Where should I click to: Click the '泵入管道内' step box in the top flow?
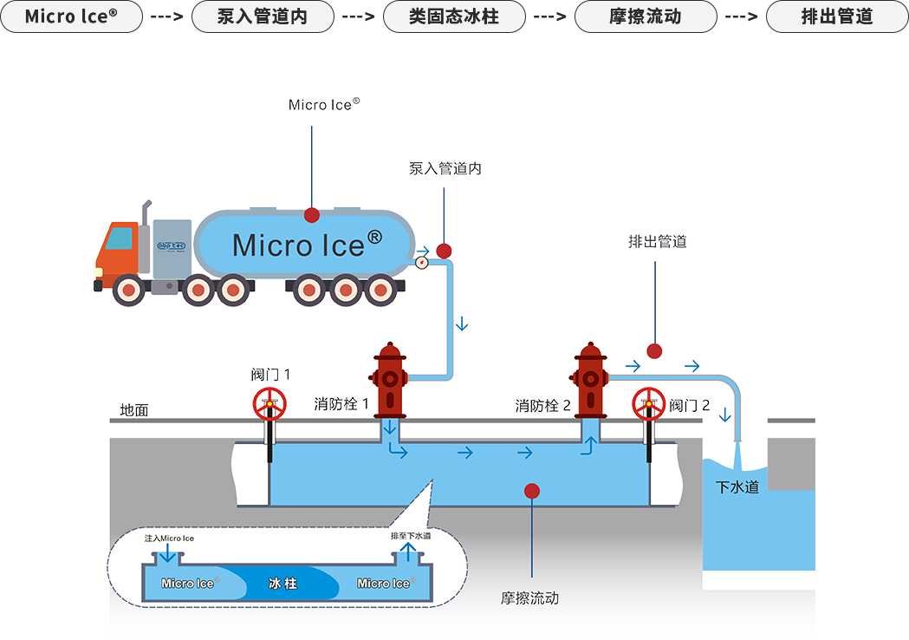(263, 16)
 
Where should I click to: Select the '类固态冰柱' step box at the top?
(454, 16)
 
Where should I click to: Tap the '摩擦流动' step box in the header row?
(646, 16)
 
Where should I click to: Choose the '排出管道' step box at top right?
(837, 16)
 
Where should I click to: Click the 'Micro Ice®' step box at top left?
(71, 16)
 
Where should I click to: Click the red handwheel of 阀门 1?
(269, 404)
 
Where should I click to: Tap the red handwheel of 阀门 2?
(649, 404)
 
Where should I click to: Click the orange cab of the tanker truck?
(118, 251)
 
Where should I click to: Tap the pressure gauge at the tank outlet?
(421, 263)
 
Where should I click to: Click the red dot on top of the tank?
(312, 215)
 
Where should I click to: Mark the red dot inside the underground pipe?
(531, 492)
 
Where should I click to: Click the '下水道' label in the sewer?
(737, 487)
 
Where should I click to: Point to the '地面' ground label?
(134, 410)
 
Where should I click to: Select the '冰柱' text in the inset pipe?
(282, 583)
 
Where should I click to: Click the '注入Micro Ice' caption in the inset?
(169, 539)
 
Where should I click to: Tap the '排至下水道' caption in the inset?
(411, 536)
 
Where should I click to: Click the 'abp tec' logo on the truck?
(171, 246)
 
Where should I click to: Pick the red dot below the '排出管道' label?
(654, 351)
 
